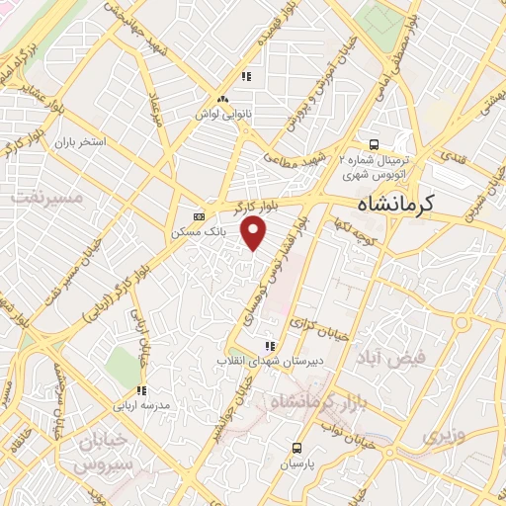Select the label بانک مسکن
200,232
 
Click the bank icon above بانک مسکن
200,216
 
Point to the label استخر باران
81,142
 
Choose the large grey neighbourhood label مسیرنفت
43,197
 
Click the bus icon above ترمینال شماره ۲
374,141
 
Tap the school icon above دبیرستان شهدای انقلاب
269,346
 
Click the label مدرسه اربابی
142,405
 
